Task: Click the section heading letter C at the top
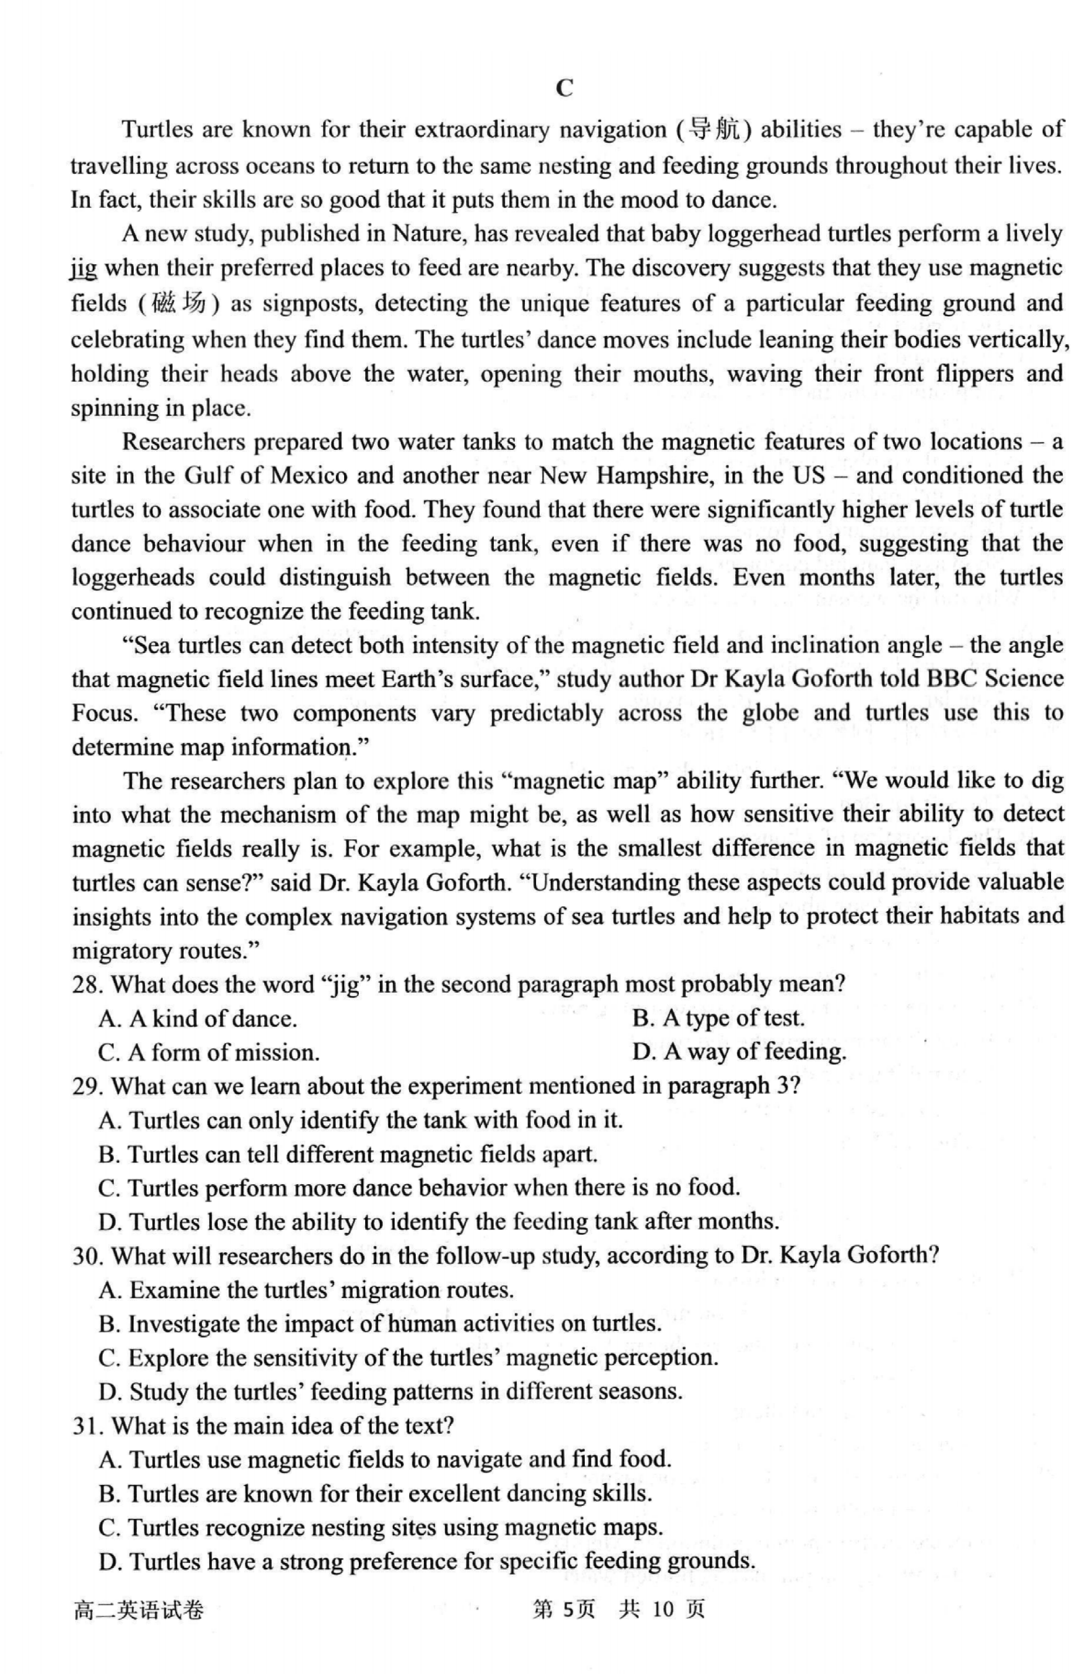tap(564, 89)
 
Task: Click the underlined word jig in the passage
tap(84, 268)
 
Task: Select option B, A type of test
tap(718, 1018)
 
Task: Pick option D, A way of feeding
tap(739, 1052)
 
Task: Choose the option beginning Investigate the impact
tap(380, 1324)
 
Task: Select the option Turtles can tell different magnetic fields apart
tap(348, 1154)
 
